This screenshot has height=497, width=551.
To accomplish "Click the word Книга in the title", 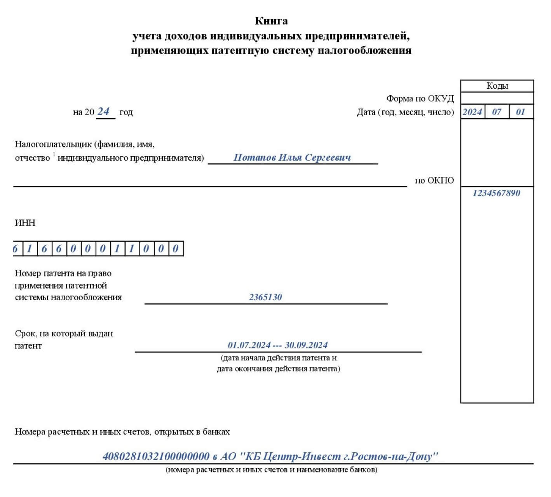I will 271,21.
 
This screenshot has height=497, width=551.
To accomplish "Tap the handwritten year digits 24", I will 103,112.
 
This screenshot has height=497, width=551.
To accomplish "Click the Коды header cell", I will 497,86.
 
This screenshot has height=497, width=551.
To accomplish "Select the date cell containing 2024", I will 472,112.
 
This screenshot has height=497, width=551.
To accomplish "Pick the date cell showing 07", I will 496,112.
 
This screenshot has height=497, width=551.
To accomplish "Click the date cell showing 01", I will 520,112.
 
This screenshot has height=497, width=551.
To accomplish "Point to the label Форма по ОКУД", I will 420,98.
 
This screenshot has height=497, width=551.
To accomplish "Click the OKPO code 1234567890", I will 496,193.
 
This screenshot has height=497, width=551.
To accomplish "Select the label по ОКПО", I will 434,180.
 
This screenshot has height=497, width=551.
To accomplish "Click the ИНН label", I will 25,223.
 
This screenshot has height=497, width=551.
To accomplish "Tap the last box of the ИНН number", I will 176,248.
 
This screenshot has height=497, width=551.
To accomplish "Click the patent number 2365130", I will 265,297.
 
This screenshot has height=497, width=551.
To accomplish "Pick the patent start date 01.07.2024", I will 249,345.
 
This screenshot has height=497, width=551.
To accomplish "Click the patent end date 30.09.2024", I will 306,345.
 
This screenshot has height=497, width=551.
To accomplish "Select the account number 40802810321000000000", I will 156,456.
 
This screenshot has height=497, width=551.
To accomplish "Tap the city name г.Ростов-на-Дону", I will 389,456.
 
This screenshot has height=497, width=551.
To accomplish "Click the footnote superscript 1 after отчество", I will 54,154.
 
